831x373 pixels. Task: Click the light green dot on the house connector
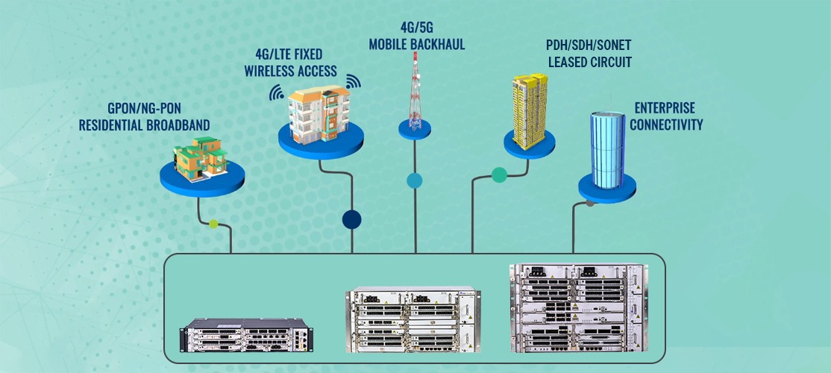214,223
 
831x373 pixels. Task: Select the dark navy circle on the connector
351,219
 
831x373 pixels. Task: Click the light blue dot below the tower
414,181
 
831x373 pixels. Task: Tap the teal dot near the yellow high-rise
499,175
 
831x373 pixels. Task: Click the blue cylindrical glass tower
607,149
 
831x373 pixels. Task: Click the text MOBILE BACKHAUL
417,45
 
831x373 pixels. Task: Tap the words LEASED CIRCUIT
590,63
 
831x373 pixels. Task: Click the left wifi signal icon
277,93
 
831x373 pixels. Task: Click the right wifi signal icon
353,80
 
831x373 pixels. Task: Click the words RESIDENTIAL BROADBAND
144,125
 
